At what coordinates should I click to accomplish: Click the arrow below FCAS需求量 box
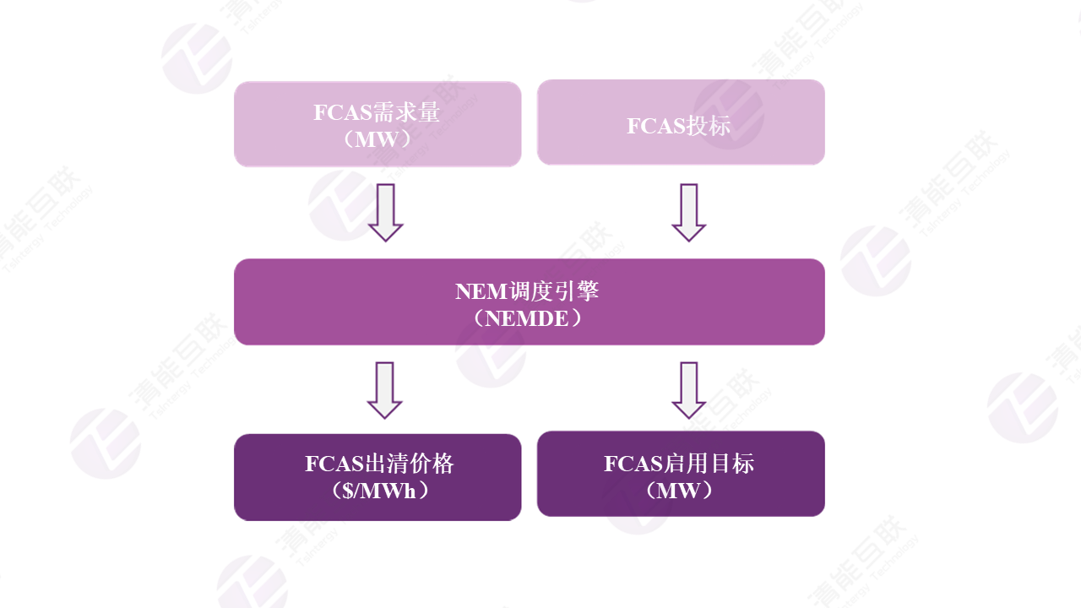pos(385,212)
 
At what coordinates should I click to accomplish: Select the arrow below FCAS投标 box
pos(688,212)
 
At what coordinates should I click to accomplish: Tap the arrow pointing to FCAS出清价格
pos(385,389)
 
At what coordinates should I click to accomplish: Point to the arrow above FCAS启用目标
pos(688,389)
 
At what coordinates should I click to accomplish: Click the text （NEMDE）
pos(529,318)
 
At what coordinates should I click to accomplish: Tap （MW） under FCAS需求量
pos(377,139)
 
